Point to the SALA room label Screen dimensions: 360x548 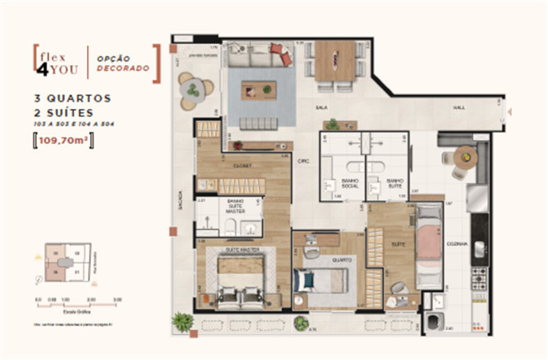(320, 107)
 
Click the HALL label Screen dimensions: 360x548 (459, 107)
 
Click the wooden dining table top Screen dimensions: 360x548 (332, 60)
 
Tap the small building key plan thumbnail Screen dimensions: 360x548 (55, 264)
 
